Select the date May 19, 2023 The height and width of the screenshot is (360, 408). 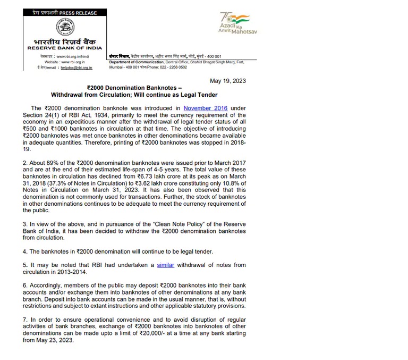(x=228, y=81)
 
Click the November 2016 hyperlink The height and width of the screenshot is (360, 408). (x=206, y=108)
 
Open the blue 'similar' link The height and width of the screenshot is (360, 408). (x=166, y=265)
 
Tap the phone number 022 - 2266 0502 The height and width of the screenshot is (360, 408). (x=172, y=68)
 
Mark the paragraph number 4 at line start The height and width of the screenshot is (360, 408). (x=25, y=251)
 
